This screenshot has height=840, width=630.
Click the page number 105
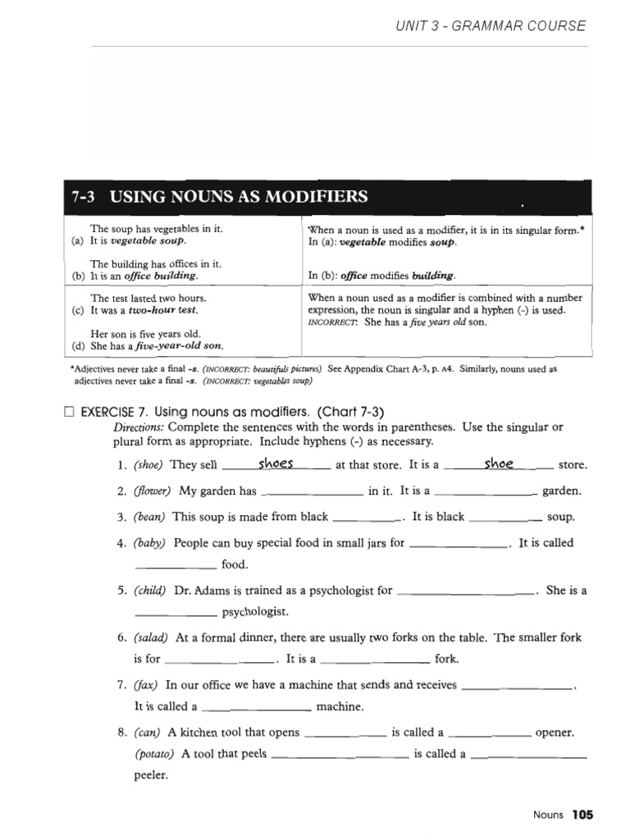pyautogui.click(x=582, y=815)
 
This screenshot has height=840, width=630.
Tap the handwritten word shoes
pyautogui.click(x=276, y=463)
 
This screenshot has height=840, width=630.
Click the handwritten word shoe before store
pyautogui.click(x=499, y=463)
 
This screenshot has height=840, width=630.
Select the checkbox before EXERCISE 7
pyautogui.click(x=69, y=412)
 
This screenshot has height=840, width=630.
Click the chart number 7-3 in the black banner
pyautogui.click(x=85, y=197)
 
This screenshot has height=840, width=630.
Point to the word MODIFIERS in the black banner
pyautogui.click(x=316, y=197)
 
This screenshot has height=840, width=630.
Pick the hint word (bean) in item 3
pyautogui.click(x=150, y=517)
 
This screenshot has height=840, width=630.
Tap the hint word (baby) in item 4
pyautogui.click(x=150, y=543)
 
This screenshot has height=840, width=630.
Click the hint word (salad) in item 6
pyautogui.click(x=152, y=637)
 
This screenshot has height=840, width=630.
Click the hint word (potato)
pyautogui.click(x=155, y=754)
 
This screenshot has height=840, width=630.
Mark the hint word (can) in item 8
pyautogui.click(x=148, y=733)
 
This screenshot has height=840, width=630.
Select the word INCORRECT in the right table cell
pyautogui.click(x=333, y=322)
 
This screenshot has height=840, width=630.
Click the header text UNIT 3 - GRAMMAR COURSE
pyautogui.click(x=491, y=25)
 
